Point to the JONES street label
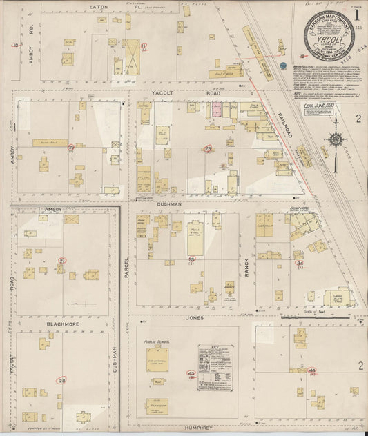click(x=194, y=318)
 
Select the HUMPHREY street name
click(x=202, y=428)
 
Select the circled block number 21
click(x=62, y=261)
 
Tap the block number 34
click(x=299, y=263)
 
